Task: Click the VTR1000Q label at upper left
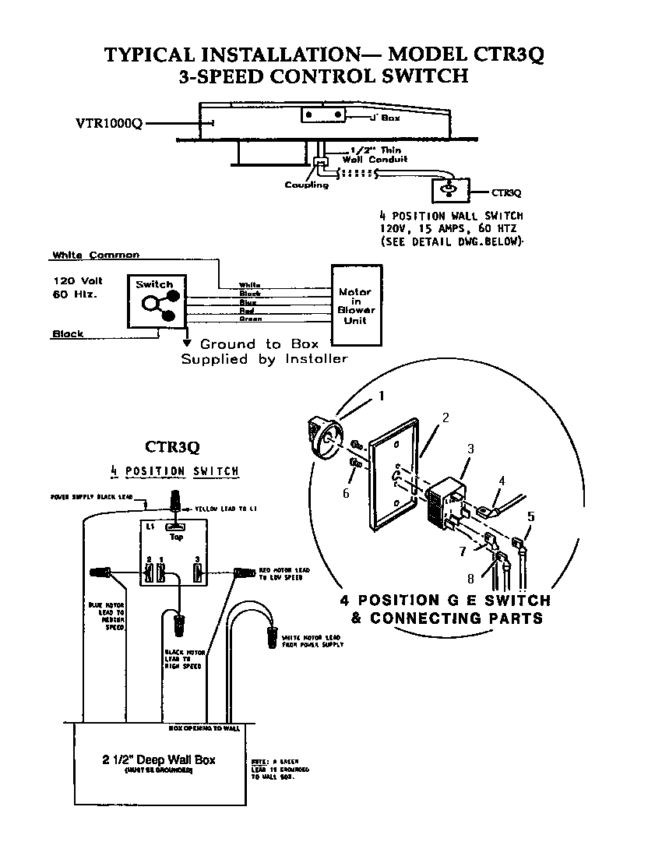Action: point(108,123)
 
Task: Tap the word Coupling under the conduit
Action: point(306,185)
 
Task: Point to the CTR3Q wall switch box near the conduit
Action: point(448,190)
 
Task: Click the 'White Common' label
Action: point(96,255)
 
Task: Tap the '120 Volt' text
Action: point(78,280)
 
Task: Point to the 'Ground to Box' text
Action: point(239,343)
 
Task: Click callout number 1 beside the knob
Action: point(382,396)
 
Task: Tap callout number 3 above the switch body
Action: point(470,449)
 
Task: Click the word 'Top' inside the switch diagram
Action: point(176,537)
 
